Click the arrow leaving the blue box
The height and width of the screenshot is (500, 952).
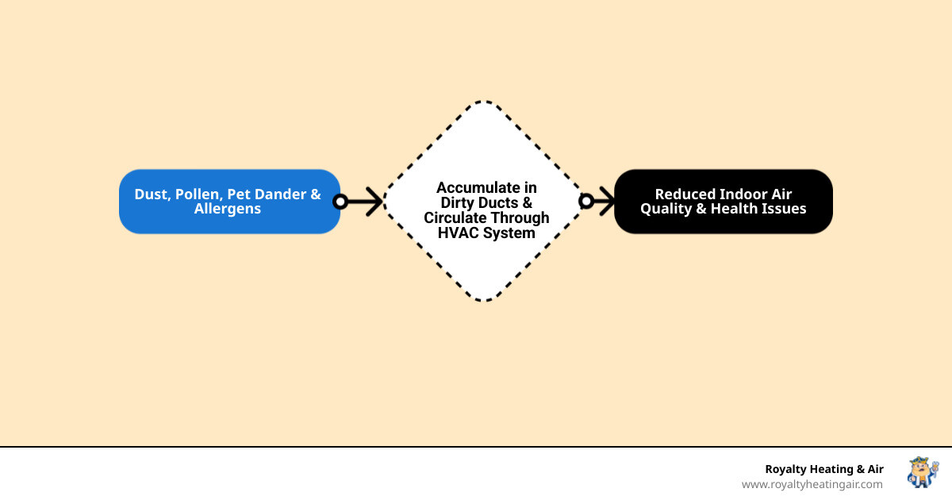pos(365,202)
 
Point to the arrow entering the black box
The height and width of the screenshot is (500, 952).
pos(605,202)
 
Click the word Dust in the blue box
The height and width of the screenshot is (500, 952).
pos(151,194)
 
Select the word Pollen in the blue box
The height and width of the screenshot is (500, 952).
pos(198,194)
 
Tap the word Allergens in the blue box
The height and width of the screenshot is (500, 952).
pos(228,210)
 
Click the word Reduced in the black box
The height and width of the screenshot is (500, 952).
pos(685,194)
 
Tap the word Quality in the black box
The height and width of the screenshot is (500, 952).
pos(666,210)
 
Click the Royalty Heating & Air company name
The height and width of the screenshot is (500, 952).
pos(823,469)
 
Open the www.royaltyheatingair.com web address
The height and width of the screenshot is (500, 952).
pos(812,484)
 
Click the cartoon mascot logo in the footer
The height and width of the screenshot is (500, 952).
pos(922,472)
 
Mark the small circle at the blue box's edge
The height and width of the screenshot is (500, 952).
pos(340,202)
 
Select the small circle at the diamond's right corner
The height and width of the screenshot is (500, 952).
pos(586,202)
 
